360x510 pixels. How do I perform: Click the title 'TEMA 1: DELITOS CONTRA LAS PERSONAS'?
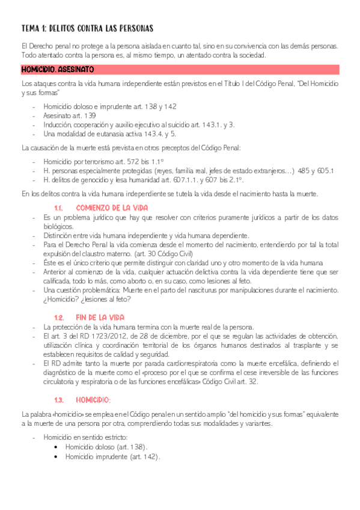point(87,28)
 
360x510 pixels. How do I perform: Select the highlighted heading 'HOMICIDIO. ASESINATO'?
point(58,70)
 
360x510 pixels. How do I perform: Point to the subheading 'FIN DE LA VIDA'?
point(100,317)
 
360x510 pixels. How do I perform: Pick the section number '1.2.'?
point(59,317)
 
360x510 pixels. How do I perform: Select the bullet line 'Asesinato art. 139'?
point(69,115)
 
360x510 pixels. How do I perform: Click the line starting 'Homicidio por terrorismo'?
point(111,162)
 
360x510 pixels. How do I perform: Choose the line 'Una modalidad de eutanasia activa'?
point(109,134)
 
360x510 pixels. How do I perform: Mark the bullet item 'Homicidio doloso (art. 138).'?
point(106,447)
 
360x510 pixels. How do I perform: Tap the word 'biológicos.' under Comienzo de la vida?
point(58,226)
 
